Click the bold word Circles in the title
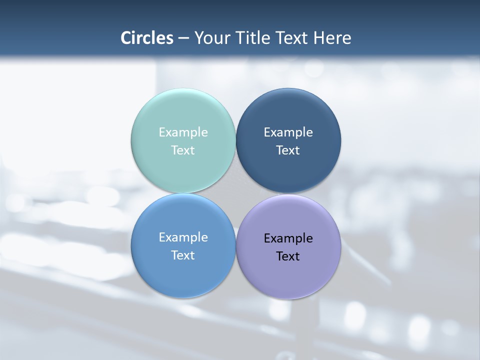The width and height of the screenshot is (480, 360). click(x=146, y=38)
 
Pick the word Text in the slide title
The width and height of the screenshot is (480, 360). click(x=295, y=38)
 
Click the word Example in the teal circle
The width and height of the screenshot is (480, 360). click(x=183, y=132)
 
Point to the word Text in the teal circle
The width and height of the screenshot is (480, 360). click(x=183, y=150)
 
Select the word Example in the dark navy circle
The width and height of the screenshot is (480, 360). click(x=288, y=132)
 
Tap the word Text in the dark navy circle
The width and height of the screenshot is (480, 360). click(x=288, y=150)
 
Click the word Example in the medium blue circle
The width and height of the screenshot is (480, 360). click(x=183, y=237)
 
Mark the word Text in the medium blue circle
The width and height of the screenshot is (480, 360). click(x=183, y=255)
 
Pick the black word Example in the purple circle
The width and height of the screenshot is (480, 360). click(x=288, y=238)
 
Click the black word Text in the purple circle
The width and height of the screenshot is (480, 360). click(x=288, y=256)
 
